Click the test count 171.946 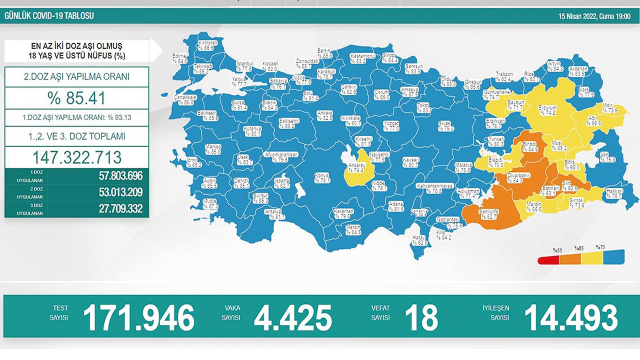click(138, 317)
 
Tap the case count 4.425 click(292, 317)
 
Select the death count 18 click(422, 317)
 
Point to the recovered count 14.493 click(570, 317)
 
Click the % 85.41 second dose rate click(77, 98)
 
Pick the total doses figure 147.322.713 click(77, 157)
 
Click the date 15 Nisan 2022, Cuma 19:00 click(594, 16)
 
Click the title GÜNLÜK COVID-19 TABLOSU click(49, 16)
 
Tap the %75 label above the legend click(600, 247)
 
